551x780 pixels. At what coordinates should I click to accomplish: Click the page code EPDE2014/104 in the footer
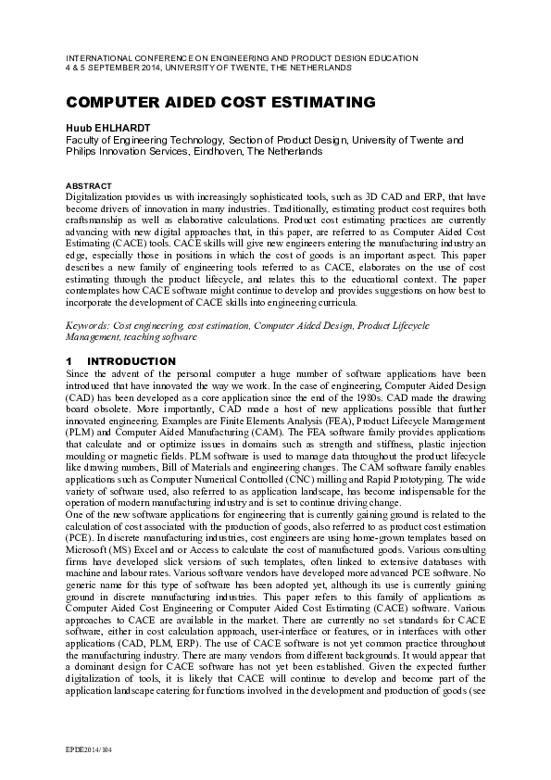(91, 747)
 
